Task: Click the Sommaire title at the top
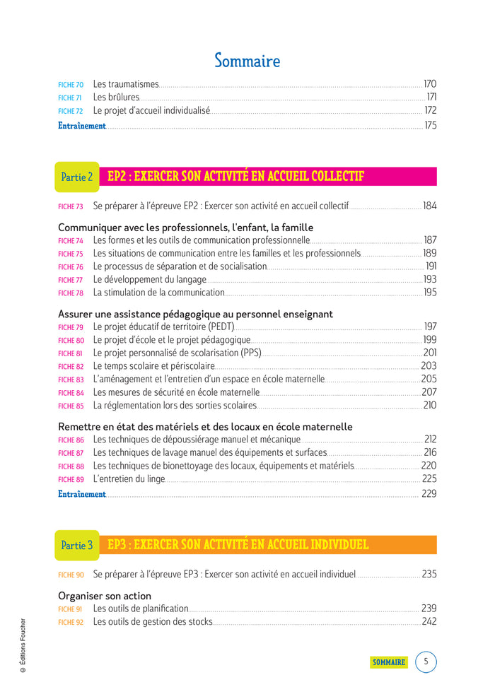tap(247, 61)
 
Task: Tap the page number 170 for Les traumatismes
tap(429, 84)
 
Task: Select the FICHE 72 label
tap(70, 111)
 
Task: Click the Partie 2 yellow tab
tap(77, 177)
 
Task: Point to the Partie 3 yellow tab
tap(77, 546)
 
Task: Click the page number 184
tap(429, 206)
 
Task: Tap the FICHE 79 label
tap(70, 327)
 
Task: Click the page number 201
tap(430, 353)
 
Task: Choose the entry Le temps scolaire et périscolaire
tap(153, 366)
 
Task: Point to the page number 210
tap(429, 406)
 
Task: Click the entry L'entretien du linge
tap(129, 479)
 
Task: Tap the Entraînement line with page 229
tap(82, 494)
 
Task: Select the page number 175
tap(430, 126)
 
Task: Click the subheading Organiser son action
tap(105, 596)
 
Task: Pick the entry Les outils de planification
tap(141, 609)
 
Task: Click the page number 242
tap(429, 622)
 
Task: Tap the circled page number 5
tap(426, 662)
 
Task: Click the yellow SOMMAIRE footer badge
tap(389, 662)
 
